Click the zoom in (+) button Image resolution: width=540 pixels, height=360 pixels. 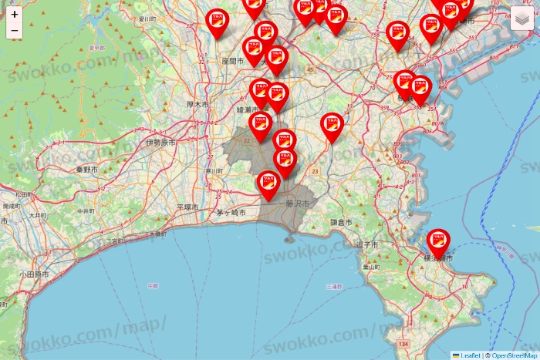point(15,14)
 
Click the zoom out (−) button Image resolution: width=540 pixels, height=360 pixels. point(15,30)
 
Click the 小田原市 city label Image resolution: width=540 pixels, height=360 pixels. point(33,274)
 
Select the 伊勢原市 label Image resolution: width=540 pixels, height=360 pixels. point(160,143)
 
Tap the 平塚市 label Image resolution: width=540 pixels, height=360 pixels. point(187,207)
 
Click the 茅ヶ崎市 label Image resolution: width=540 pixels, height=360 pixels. point(231,212)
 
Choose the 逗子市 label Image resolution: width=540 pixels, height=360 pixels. point(367,244)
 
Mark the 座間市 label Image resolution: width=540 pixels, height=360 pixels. point(232,59)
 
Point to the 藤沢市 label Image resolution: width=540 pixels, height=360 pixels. point(297,204)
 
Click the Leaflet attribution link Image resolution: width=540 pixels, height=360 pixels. point(470,355)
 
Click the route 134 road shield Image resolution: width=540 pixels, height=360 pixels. point(402,344)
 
